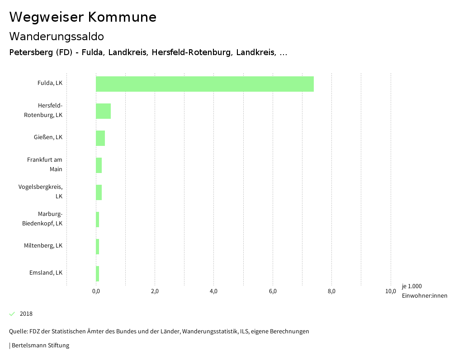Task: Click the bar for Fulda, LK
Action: [204, 84]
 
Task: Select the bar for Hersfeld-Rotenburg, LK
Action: [103, 111]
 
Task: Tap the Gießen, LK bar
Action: [100, 138]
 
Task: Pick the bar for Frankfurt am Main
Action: [99, 165]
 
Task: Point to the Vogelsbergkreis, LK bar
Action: [99, 192]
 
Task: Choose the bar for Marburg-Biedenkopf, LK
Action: [97, 220]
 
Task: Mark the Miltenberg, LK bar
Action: [97, 247]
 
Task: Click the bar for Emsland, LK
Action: [97, 274]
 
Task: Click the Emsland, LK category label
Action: [46, 273]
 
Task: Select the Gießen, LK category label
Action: [47, 137]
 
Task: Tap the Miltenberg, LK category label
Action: [43, 246]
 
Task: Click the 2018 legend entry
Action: [26, 314]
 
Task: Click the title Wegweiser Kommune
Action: [83, 17]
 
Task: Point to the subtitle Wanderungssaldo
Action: [57, 36]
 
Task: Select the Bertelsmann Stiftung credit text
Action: [40, 346]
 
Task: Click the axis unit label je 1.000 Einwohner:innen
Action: [424, 291]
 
